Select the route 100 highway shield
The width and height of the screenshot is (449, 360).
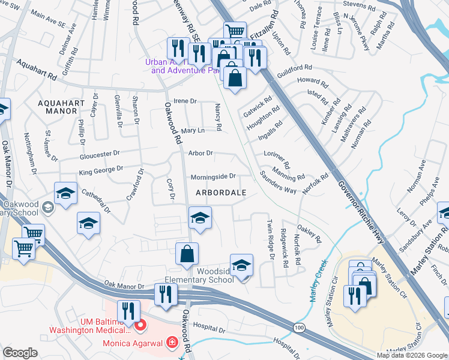(x=298, y=327)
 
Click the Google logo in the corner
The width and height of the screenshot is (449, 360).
(x=20, y=353)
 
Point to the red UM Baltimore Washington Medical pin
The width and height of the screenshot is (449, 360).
(x=141, y=326)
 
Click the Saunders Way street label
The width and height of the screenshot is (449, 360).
(x=277, y=182)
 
